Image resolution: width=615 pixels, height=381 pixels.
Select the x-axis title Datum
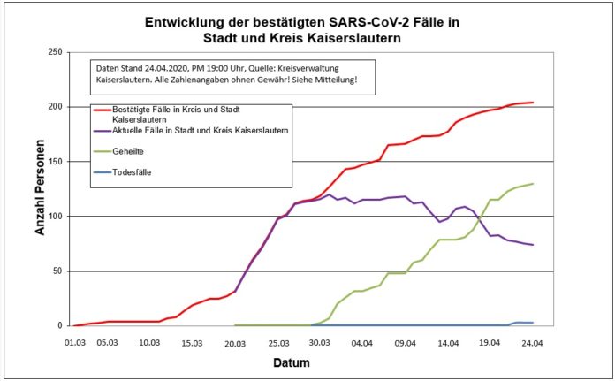tap(291, 362)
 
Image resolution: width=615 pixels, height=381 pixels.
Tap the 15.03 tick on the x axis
tap(194, 342)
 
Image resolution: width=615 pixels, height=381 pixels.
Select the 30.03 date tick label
tap(320, 342)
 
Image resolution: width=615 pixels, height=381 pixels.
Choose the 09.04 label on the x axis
tap(406, 342)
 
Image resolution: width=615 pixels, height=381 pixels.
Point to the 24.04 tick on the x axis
tap(533, 342)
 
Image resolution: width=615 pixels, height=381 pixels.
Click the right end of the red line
tap(533, 103)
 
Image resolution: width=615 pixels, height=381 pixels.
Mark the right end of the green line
tap(533, 184)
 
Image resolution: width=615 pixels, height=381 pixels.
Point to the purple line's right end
tap(533, 245)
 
